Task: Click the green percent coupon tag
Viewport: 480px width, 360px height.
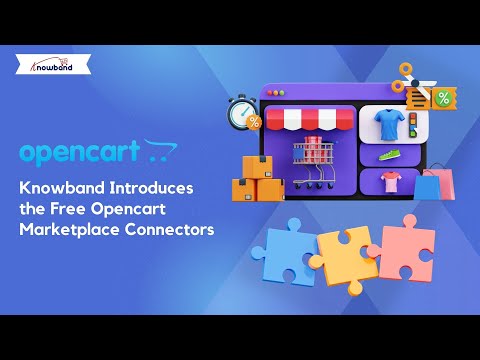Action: point(440,97)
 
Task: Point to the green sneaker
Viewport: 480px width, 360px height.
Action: point(390,155)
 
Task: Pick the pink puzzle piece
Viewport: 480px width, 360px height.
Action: point(405,245)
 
